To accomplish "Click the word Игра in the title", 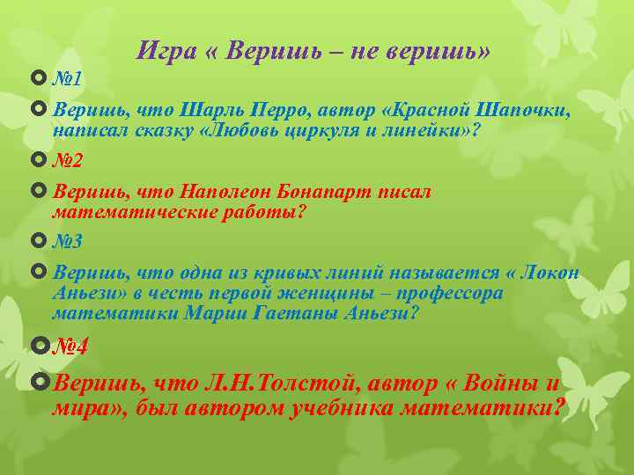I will click(166, 51).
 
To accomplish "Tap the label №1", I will click(68, 79).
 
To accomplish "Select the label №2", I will click(69, 161).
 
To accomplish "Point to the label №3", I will click(69, 240).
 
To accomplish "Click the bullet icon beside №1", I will click(37, 79).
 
